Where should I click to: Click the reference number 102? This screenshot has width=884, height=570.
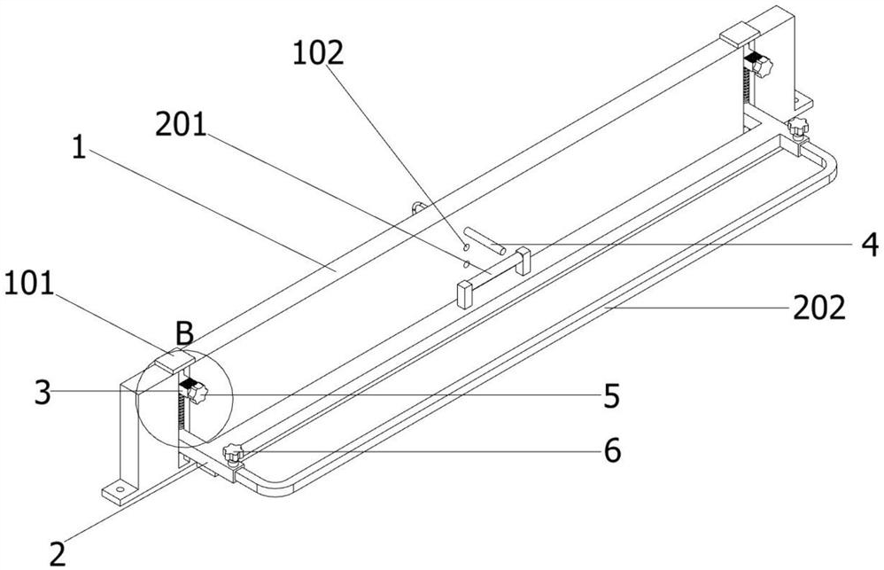pos(318,53)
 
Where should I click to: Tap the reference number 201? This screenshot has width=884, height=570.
pos(181,124)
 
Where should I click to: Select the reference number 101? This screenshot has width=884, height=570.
pos(28,284)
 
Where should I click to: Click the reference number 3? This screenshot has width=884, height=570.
pos(43,393)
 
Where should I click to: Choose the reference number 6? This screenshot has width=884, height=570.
pos(612,450)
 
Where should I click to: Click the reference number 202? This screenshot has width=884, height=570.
pos(819,308)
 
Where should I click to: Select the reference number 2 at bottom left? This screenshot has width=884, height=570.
pos(58,554)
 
